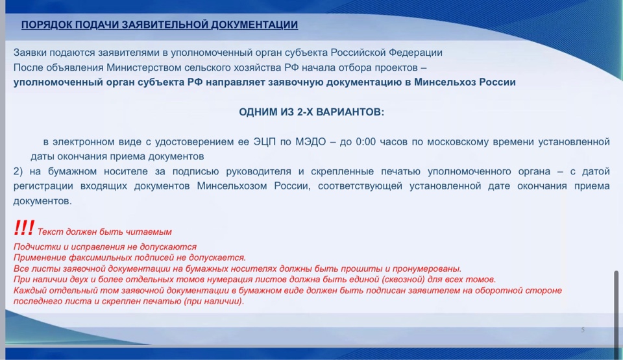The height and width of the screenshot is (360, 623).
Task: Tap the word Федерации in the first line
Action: click(x=415, y=53)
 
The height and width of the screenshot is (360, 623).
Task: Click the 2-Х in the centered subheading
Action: click(x=305, y=112)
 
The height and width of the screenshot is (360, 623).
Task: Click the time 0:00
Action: click(x=365, y=142)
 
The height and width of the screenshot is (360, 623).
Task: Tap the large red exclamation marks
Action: click(x=24, y=228)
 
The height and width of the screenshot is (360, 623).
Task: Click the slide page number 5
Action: click(x=583, y=330)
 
